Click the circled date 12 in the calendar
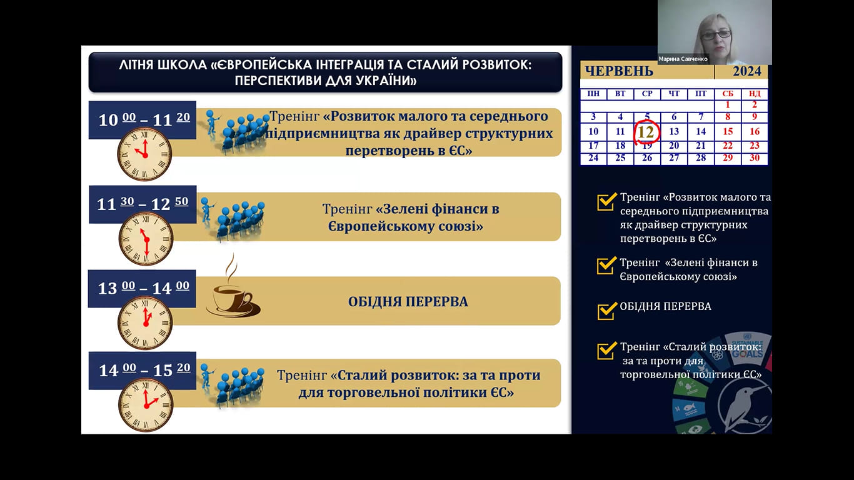[x=645, y=132]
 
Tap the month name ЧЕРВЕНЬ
[x=619, y=71]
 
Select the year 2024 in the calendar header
[x=747, y=71]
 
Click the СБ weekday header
[x=728, y=94]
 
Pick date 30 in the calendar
[x=755, y=158]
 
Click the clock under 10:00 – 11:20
[x=144, y=154]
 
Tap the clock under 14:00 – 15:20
[x=146, y=404]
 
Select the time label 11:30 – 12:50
[x=143, y=204]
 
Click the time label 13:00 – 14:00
[x=144, y=288]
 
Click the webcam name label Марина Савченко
[x=683, y=59]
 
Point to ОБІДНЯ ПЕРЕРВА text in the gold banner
[x=408, y=302]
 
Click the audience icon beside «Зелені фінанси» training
[x=233, y=219]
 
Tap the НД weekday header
[x=755, y=94]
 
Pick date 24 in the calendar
[x=593, y=158]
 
